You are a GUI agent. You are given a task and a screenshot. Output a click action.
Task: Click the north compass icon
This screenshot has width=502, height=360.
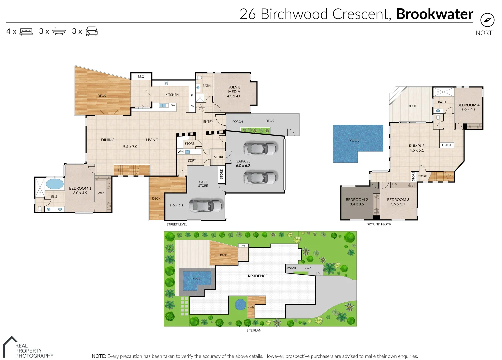click(x=487, y=20)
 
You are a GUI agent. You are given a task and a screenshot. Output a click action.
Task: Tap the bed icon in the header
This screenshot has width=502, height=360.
click(x=26, y=32)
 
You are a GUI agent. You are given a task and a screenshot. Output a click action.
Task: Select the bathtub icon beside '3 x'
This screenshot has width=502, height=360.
click(x=59, y=32)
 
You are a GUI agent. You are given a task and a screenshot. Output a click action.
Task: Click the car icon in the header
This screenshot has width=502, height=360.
click(x=92, y=32)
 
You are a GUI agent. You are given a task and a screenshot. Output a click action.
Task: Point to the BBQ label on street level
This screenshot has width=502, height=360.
click(x=141, y=77)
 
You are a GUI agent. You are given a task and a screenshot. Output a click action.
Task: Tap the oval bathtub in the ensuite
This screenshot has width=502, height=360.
click(x=54, y=184)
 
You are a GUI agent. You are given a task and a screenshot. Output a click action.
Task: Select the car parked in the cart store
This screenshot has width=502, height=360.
click(x=206, y=206)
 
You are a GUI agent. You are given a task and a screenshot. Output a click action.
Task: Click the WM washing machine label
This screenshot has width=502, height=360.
click(x=181, y=152)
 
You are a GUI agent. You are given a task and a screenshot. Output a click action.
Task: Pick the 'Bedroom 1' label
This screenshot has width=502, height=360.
click(x=80, y=188)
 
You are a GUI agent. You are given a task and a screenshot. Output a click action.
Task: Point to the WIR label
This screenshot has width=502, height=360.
click(x=101, y=193)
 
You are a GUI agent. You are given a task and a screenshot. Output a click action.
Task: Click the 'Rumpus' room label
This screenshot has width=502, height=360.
click(x=417, y=146)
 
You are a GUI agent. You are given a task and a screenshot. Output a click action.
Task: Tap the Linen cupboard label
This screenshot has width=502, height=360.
click(x=446, y=145)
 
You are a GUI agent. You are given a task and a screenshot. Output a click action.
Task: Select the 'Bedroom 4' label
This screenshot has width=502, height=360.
click(x=468, y=105)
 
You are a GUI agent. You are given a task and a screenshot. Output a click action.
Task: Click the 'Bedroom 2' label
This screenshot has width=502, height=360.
click(x=357, y=200)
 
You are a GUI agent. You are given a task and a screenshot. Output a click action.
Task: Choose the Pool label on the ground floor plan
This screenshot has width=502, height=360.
click(x=354, y=140)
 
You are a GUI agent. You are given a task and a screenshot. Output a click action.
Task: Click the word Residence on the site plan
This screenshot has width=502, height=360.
click(x=257, y=276)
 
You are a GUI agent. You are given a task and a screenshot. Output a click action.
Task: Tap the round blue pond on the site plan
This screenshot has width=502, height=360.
click(x=240, y=304)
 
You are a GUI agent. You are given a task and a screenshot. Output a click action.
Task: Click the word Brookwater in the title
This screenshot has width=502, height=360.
click(x=435, y=14)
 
